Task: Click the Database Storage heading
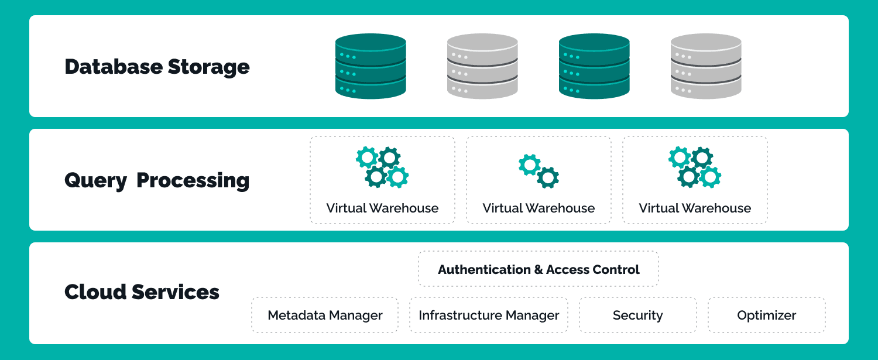(x=157, y=67)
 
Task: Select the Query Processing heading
(x=157, y=180)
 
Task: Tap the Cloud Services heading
(x=142, y=292)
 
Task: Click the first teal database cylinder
(x=371, y=66)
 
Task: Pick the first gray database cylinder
(x=482, y=66)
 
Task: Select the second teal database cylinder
(x=594, y=66)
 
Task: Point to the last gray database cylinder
(x=706, y=66)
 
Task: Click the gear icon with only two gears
(x=539, y=170)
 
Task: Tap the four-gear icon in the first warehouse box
(x=382, y=167)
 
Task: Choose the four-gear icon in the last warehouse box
(x=695, y=167)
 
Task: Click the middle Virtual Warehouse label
(x=539, y=208)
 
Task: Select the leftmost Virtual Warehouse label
(x=382, y=208)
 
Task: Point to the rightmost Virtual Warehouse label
(x=695, y=208)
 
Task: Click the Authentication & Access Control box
(x=539, y=269)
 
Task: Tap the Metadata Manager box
(x=325, y=316)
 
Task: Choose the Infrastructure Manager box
(x=489, y=316)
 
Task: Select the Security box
(x=638, y=316)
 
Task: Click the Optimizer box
(x=767, y=316)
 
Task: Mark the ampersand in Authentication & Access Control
(x=539, y=270)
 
